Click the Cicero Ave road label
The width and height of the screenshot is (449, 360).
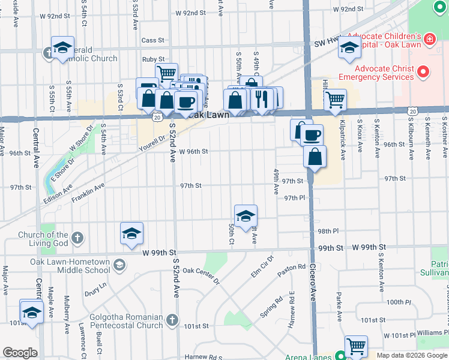(313, 288)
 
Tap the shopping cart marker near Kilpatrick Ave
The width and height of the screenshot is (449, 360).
(335, 100)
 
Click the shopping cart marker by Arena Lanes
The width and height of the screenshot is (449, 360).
(356, 346)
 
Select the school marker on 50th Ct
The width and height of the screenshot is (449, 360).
(246, 217)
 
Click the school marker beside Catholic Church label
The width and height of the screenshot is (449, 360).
(62, 49)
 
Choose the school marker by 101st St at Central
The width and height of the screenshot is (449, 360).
(31, 311)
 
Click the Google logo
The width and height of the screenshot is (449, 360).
(20, 353)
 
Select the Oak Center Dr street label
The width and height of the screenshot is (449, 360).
(202, 276)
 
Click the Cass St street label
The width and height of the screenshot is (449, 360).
(153, 40)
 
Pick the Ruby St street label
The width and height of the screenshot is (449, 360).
(153, 59)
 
